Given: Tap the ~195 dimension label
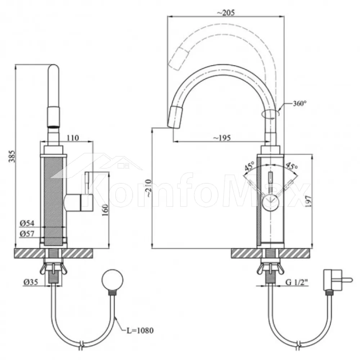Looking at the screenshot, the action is tap(222, 138).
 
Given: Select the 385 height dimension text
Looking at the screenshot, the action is tap(12, 156).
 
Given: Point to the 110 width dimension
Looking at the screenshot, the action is tap(73, 138).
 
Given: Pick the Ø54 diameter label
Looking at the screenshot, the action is tap(27, 223).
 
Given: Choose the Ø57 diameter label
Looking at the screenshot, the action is tap(27, 234).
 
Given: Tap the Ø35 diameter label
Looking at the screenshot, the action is tap(31, 282).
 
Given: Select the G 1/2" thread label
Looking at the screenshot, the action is tap(297, 282).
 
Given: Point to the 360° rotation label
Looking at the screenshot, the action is tap(300, 104).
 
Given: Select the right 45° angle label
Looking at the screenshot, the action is tap(292, 166).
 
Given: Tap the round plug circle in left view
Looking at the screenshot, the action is tap(112, 280).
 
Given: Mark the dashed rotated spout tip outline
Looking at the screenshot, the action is tap(179, 59).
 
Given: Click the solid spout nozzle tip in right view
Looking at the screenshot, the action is tap(176, 117).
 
